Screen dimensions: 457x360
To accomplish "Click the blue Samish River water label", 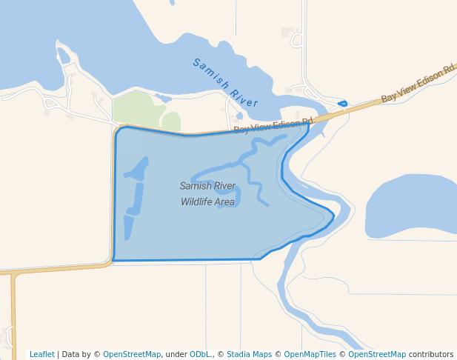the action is click(x=225, y=82).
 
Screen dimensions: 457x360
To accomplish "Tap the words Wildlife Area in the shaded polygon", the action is click(x=207, y=201).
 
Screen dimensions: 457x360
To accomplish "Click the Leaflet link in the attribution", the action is click(x=42, y=354).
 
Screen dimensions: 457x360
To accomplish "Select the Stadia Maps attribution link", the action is click(x=249, y=354).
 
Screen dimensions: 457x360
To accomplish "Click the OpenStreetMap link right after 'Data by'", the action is click(x=131, y=354).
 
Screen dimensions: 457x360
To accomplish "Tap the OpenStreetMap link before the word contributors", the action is click(x=377, y=354).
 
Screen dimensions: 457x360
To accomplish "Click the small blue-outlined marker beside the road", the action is click(x=341, y=104).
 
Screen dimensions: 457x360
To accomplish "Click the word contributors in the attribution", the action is click(x=430, y=354).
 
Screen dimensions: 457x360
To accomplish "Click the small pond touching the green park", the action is click(x=164, y=97).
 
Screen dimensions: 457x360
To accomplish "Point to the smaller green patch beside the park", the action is click(x=171, y=121).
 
